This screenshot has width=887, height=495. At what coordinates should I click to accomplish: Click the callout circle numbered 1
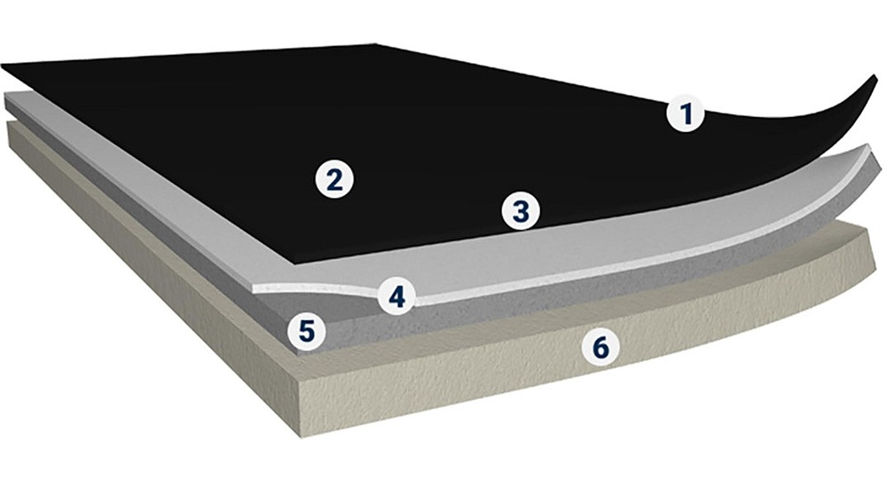686,114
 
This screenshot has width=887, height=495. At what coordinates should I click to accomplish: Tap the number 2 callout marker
334,179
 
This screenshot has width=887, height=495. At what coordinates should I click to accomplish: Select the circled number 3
521,211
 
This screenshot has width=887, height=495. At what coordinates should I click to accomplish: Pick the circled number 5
306,332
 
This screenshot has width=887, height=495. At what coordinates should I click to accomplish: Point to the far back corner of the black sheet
375,43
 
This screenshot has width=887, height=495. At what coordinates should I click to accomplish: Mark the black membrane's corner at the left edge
3,66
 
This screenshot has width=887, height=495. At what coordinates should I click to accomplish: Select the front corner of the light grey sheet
254,287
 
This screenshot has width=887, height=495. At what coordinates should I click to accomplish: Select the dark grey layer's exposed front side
566,295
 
